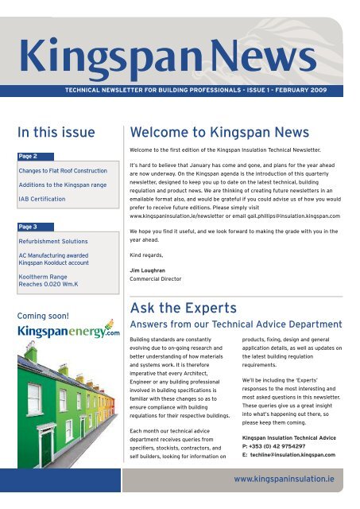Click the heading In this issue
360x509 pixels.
click(56, 131)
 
